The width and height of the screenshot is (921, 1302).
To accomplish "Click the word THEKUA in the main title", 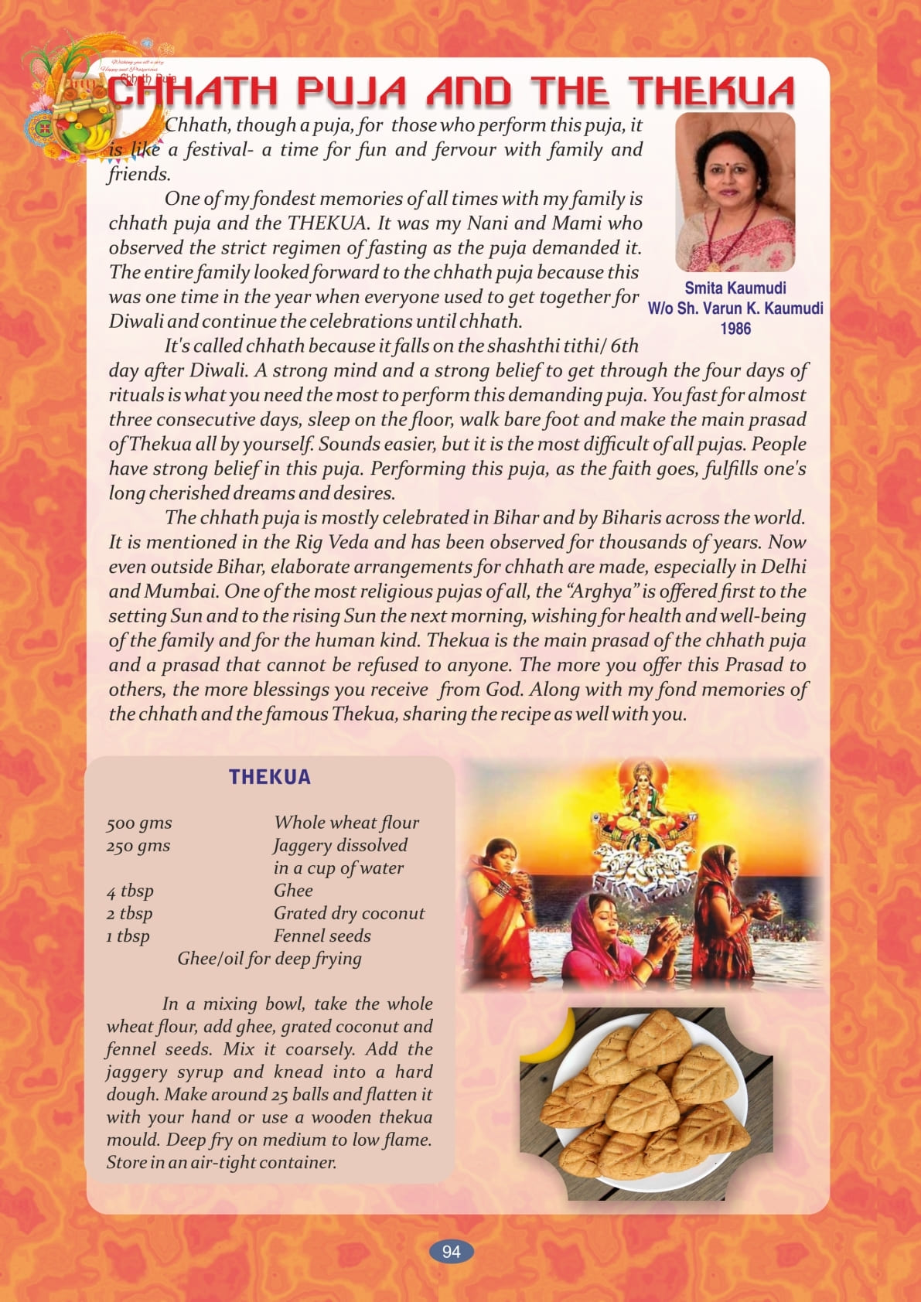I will click(711, 91).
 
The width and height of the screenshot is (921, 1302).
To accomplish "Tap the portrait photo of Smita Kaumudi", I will click(735, 192).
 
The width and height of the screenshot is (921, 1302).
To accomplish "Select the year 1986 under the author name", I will click(735, 329).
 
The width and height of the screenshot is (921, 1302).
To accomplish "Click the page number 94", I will click(451, 1252).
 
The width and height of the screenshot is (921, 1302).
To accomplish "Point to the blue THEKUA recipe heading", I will click(269, 777).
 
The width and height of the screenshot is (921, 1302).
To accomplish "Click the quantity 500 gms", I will click(139, 823).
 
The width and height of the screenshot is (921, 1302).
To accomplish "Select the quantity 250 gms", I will click(138, 846).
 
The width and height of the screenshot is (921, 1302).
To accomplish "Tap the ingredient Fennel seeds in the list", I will click(322, 936).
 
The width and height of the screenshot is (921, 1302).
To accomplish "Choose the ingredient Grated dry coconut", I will click(349, 913).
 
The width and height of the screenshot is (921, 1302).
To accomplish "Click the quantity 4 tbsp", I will click(130, 891).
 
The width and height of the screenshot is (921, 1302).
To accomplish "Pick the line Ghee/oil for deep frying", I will click(269, 959).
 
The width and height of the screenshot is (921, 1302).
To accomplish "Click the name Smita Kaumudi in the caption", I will click(735, 288).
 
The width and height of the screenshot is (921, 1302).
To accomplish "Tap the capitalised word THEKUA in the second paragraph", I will click(326, 223).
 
